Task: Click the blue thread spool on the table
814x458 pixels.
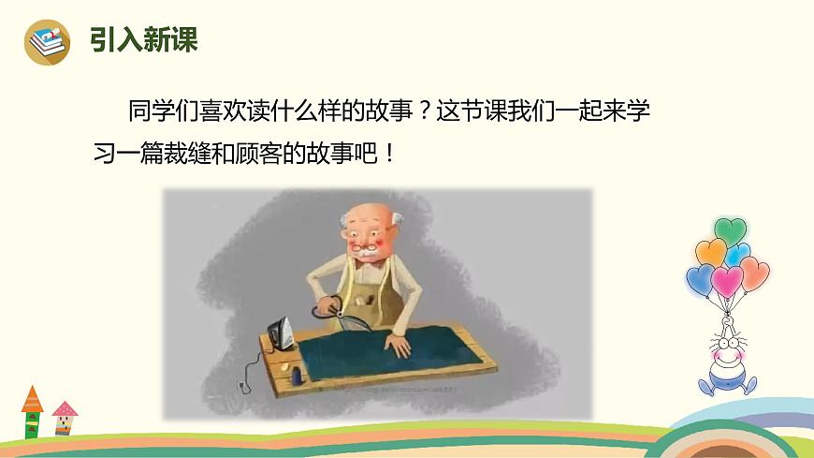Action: tap(297, 377)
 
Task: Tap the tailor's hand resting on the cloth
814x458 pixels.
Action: tap(399, 345)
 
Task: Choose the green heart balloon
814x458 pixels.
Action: tap(731, 229)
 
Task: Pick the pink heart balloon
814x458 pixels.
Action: tap(727, 280)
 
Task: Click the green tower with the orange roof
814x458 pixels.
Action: tap(34, 412)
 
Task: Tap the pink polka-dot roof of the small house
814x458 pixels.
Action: tap(65, 409)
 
